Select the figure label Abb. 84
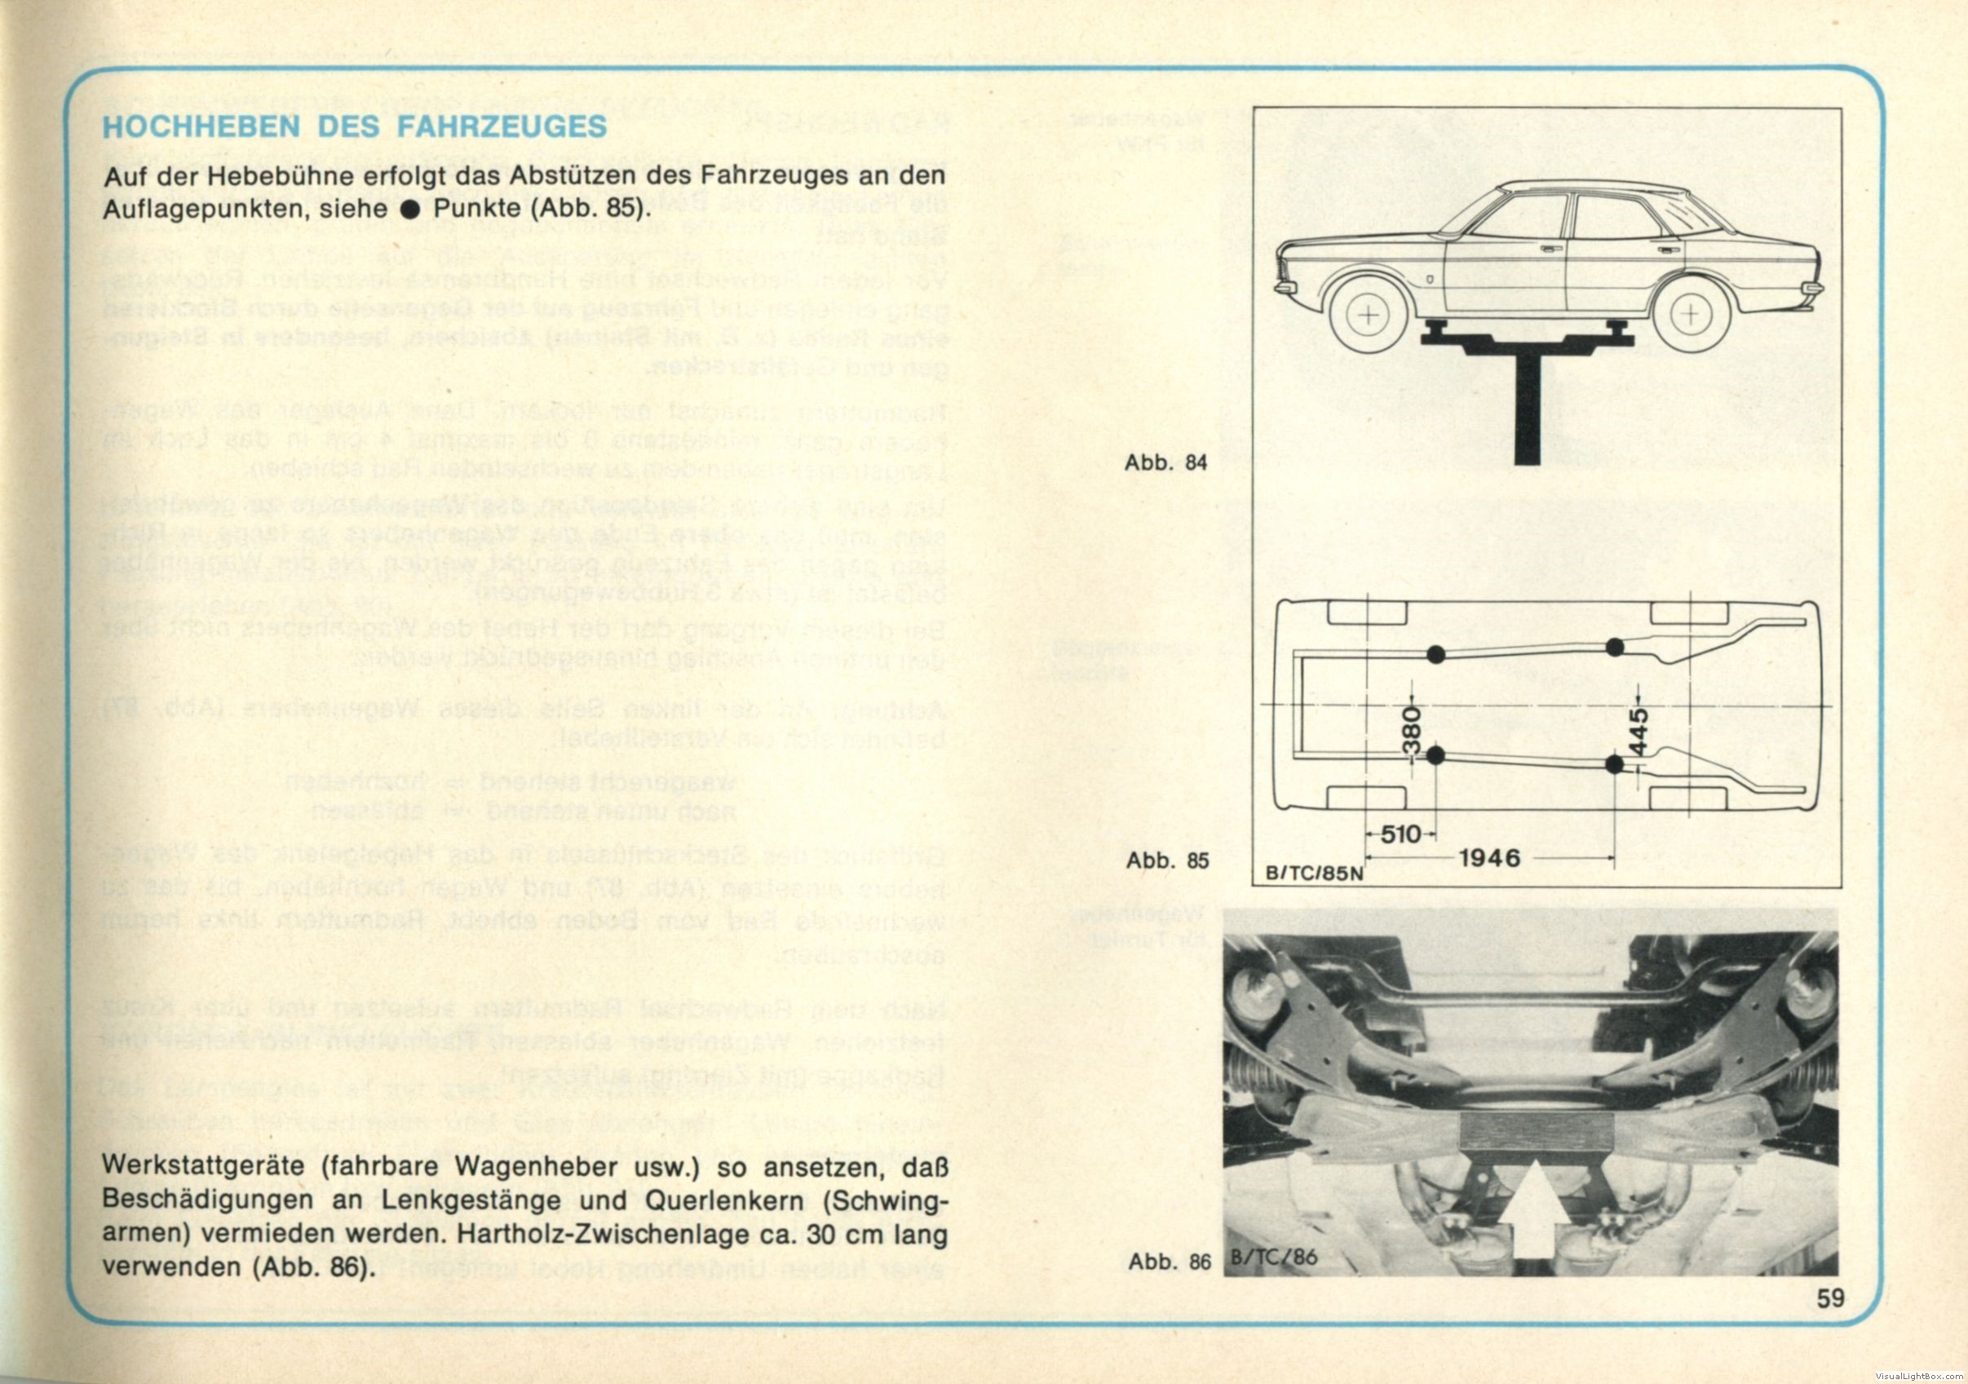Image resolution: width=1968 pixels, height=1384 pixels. (x=1165, y=462)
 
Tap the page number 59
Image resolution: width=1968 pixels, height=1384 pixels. (x=1830, y=1298)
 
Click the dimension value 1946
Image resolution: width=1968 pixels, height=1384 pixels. (x=1490, y=858)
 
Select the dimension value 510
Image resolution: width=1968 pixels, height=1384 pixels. (x=1400, y=833)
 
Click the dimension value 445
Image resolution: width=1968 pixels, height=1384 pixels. (x=1638, y=732)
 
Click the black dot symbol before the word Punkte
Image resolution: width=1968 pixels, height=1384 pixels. (x=411, y=209)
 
